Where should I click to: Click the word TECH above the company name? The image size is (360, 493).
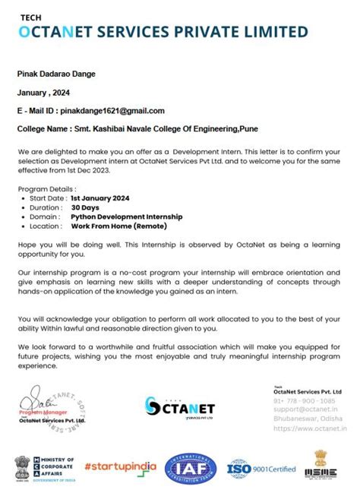30,15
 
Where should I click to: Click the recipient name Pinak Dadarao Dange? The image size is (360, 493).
56,74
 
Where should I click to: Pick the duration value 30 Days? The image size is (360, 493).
85,207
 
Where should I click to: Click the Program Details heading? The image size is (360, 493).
46,188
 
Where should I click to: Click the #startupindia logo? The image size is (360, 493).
121,465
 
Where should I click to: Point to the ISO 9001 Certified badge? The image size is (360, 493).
262,469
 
